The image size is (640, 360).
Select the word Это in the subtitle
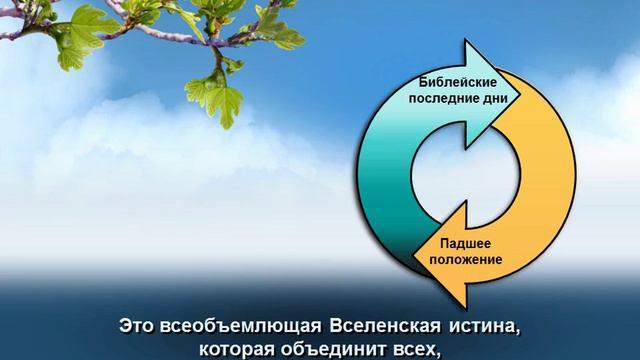coord(136,326)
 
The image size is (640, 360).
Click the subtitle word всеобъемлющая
coord(232,326)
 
